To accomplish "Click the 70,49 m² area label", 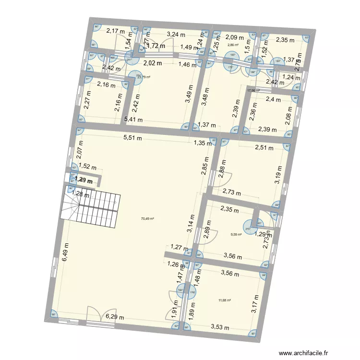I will tap(147, 219).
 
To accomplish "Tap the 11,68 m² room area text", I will tap(225, 300).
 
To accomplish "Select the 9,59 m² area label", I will tap(236, 235).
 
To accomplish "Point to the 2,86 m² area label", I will tap(233, 45).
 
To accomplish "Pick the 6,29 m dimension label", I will tap(115, 317).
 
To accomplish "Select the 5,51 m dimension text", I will tap(133, 138).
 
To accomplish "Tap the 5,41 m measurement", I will tap(133, 120).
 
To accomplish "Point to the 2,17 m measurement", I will tap(115, 31).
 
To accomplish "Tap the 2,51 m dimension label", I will tap(264, 148).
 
